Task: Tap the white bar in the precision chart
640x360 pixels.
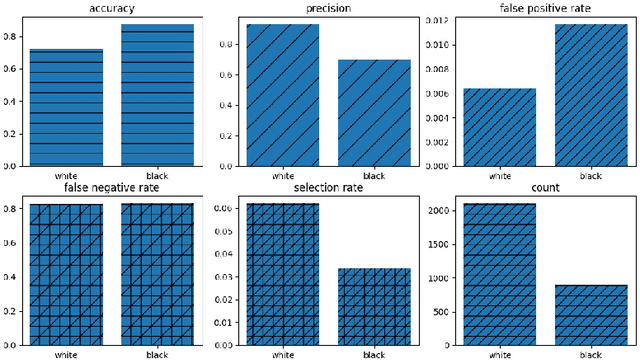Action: (282, 95)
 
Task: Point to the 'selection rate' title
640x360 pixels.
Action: (328, 187)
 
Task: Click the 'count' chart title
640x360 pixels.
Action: (545, 187)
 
